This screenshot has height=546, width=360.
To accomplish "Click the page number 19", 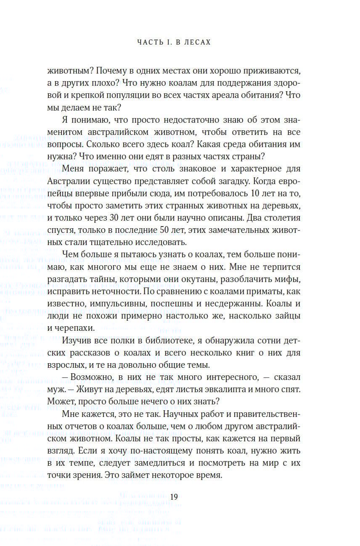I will click(175, 496).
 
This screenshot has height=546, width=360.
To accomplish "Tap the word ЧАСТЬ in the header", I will click(151, 42).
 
